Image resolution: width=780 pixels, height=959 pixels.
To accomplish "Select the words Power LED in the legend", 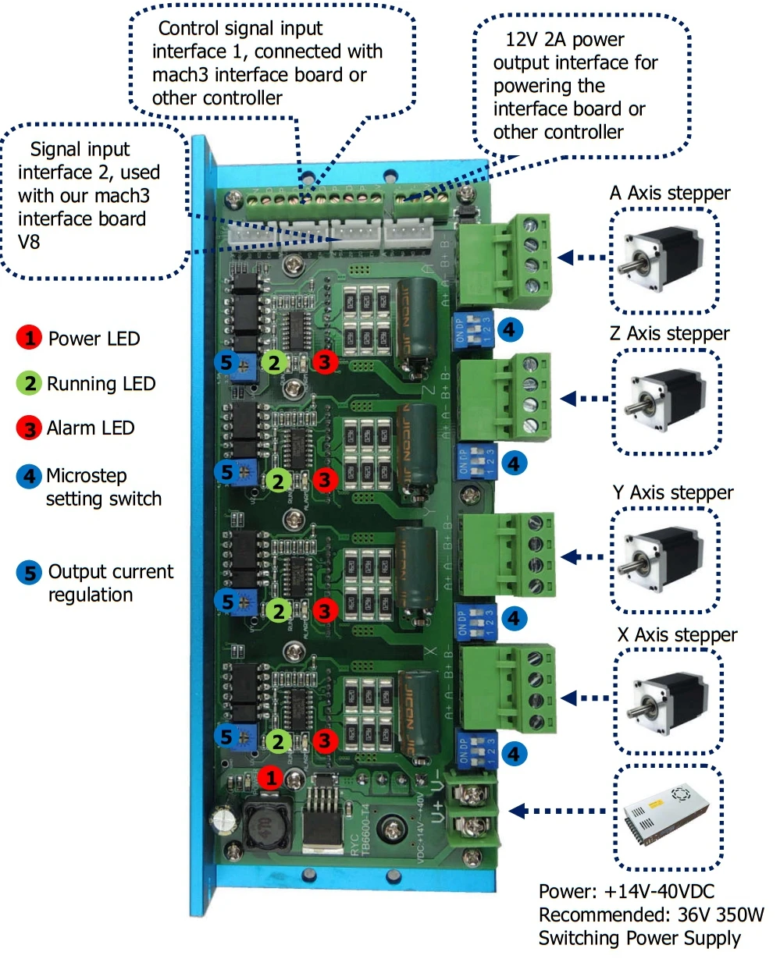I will [94, 339].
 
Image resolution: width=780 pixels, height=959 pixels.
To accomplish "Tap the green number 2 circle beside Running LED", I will [29, 383].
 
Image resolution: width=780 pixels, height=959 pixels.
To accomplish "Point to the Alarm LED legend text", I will [91, 428].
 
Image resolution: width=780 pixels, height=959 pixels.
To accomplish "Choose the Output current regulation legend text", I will [110, 583].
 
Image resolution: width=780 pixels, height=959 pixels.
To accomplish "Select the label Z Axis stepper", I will [669, 334].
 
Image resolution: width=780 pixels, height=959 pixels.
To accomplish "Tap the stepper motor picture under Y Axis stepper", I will [664, 559].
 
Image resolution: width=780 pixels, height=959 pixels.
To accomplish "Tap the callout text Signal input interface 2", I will [89, 161].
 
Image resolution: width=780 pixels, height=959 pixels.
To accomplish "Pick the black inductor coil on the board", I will [266, 823].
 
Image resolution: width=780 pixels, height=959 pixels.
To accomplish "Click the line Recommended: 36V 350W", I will [650, 915].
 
